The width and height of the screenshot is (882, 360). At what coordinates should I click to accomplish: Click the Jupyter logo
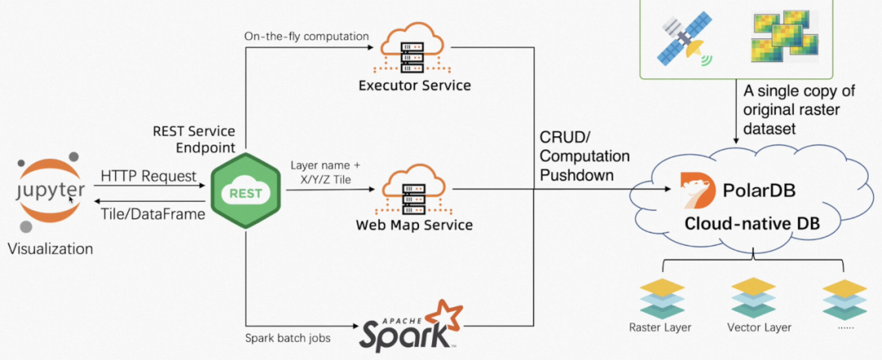click(x=51, y=192)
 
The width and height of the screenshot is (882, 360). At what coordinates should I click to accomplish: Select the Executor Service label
click(x=415, y=86)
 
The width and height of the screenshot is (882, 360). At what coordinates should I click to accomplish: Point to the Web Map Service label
click(x=414, y=225)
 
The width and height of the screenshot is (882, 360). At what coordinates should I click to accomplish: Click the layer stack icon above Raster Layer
click(x=662, y=299)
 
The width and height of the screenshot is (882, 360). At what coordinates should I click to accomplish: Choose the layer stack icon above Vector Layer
click(x=753, y=299)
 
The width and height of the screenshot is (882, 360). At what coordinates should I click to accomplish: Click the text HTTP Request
click(x=148, y=176)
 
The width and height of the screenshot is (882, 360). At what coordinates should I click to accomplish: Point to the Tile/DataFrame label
click(x=153, y=214)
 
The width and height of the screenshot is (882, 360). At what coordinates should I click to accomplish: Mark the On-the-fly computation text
click(x=306, y=37)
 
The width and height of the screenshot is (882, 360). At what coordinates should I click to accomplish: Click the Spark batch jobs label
click(x=288, y=339)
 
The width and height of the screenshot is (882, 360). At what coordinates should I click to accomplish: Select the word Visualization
click(x=50, y=248)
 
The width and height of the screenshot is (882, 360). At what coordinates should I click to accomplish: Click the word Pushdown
click(x=577, y=175)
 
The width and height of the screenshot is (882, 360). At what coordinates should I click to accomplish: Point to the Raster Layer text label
click(x=660, y=327)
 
